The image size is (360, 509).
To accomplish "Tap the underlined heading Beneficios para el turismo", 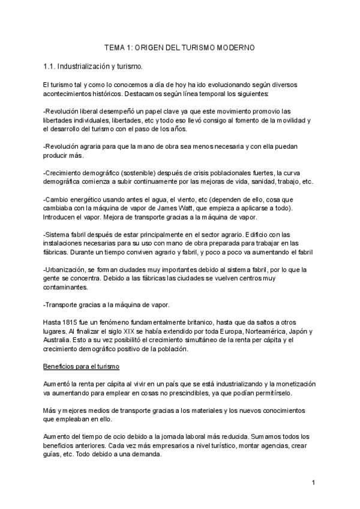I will tap(82, 366).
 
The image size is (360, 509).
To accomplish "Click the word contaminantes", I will tap(68, 288).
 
